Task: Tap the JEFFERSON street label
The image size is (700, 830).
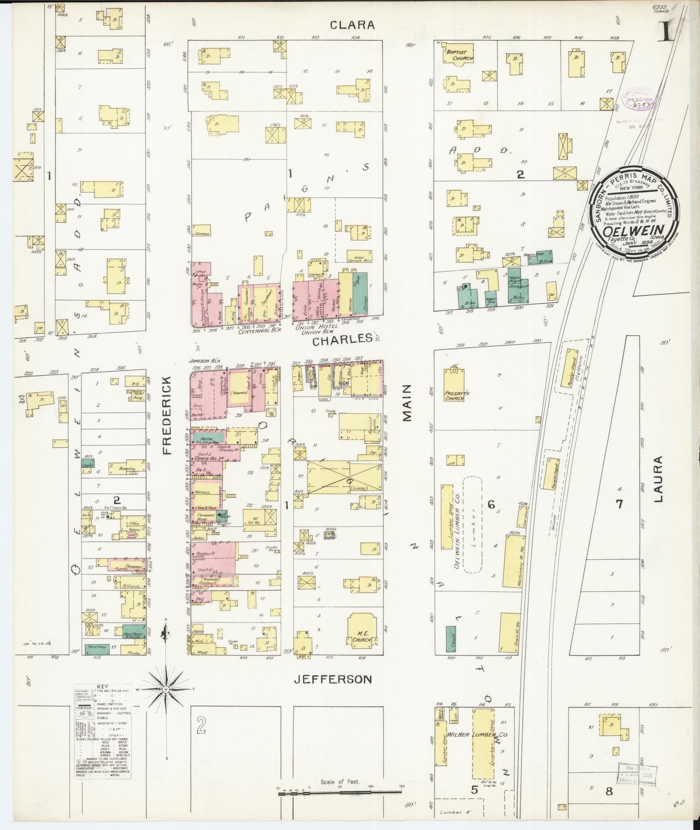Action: tap(333, 679)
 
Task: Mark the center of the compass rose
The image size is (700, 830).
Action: tap(166, 688)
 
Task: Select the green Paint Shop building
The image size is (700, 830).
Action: tap(97, 648)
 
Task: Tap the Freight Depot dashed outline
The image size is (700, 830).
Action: tap(555, 473)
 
